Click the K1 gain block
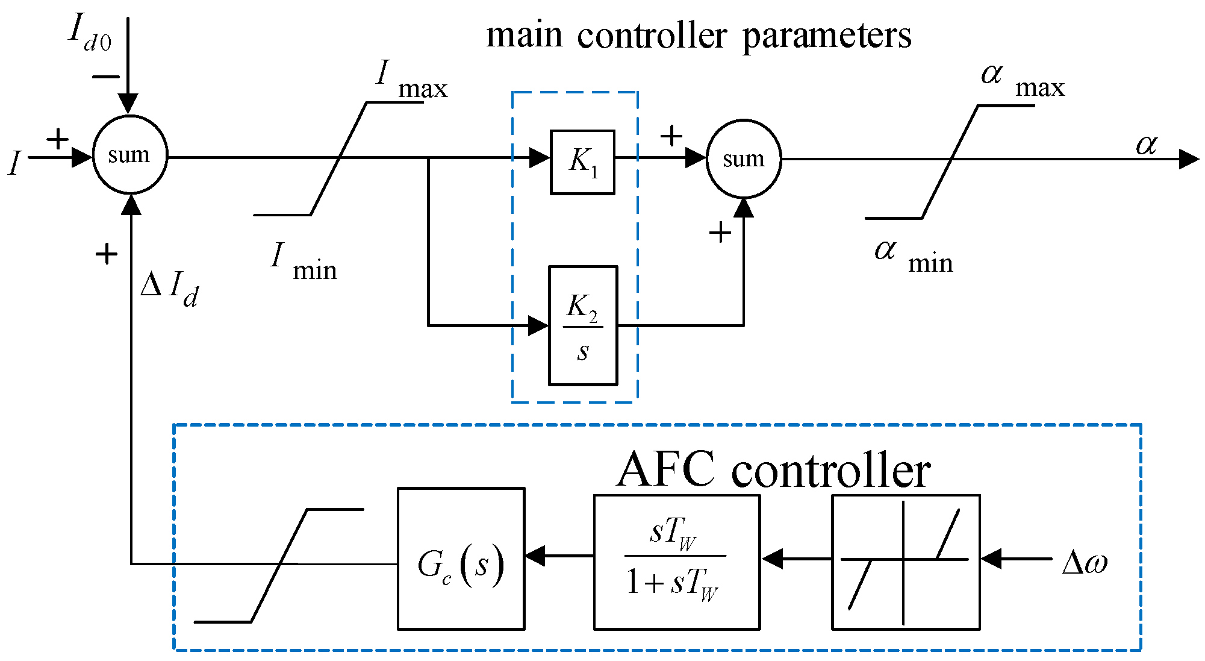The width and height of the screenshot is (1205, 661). tap(582, 162)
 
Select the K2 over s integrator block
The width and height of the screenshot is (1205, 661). tap(583, 325)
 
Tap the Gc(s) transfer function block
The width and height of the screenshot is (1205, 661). tap(461, 559)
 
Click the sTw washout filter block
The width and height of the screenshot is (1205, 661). tap(677, 562)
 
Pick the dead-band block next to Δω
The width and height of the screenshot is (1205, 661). tap(906, 562)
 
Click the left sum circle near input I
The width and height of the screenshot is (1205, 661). tap(130, 155)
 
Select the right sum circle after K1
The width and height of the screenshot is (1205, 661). tap(744, 159)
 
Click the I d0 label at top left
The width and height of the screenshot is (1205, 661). tap(90, 33)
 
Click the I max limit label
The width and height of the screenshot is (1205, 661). tap(412, 80)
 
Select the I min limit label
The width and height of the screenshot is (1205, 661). tap(304, 262)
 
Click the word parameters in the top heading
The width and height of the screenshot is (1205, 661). tap(827, 36)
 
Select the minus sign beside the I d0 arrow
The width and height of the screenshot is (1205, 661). tap(107, 77)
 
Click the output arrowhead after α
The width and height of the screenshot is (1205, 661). tap(1189, 159)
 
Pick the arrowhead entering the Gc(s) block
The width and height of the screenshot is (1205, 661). tap(535, 556)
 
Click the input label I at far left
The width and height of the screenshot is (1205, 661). tap(14, 163)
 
